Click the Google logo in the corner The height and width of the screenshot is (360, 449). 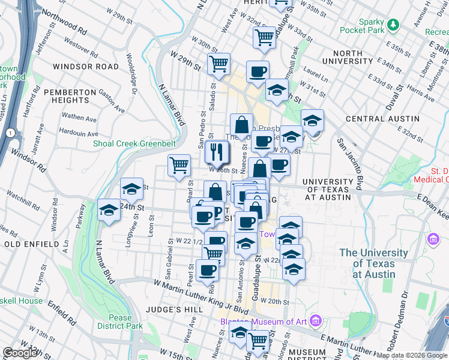pos(20,353)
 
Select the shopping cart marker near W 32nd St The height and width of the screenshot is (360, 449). pos(264,37)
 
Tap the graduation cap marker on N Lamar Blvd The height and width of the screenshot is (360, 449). pos(109,210)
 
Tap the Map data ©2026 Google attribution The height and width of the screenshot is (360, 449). pos(412,355)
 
